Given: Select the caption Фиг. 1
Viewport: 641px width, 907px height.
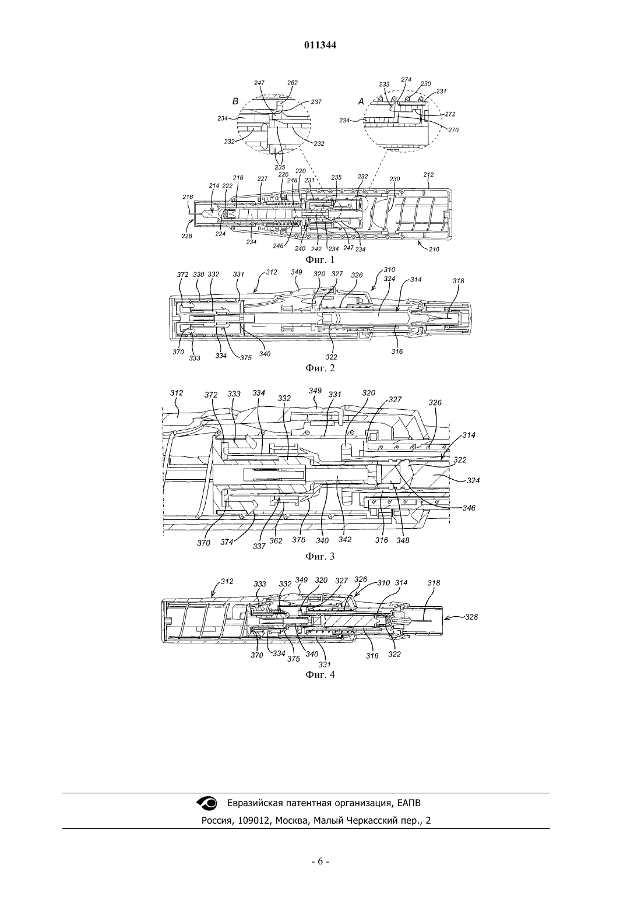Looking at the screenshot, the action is coord(320,259).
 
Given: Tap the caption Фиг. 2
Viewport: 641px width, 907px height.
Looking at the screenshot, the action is coord(320,368).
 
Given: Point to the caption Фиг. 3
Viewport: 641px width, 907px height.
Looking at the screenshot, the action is coord(320,556).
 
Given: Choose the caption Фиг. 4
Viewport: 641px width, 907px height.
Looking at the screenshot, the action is coord(320,674).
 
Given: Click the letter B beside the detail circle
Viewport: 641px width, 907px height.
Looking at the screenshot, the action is coord(235,101).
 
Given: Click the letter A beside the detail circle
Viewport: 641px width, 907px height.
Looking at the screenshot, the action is coord(361,101).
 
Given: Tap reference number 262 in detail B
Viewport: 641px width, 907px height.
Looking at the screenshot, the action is coord(292,83).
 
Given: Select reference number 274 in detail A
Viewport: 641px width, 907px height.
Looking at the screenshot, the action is coord(406,80).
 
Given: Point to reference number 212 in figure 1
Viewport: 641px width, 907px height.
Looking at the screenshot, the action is coord(428,174).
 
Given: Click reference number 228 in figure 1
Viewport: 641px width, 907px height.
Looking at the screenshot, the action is coord(186,236).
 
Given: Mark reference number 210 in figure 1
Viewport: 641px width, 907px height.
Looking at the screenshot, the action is coord(434,249).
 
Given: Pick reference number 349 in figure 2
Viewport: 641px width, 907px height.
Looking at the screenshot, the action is coord(297,272).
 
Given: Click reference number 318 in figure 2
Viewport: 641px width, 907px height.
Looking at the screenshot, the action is coord(459,280).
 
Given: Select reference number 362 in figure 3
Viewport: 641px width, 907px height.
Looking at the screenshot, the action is coord(276,540).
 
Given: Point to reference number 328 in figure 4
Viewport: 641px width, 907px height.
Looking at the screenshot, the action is coord(471,617).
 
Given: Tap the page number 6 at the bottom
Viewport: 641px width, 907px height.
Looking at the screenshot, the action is coord(320,870).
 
